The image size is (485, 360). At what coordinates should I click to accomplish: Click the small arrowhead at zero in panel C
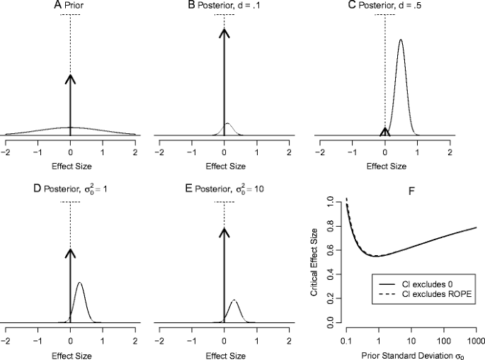[384, 130]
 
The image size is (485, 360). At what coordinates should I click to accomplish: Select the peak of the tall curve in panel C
[401, 40]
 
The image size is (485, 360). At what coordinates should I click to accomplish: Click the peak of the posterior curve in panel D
[79, 283]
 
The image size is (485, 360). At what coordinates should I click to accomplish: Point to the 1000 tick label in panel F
[476, 341]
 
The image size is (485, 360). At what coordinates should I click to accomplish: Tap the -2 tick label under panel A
[6, 152]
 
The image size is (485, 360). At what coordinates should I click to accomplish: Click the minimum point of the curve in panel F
[378, 256]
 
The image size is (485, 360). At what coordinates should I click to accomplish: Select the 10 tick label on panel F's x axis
[411, 341]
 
